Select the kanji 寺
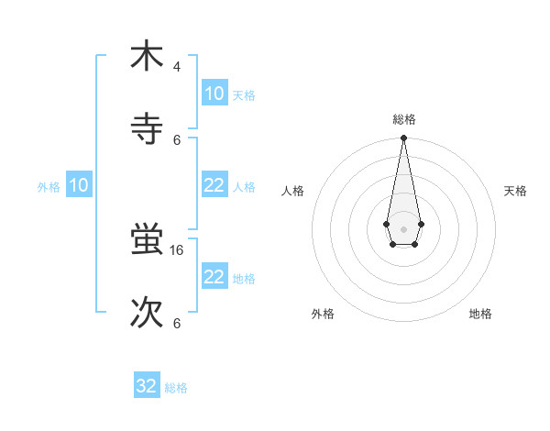pos(147,128)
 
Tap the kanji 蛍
pos(147,241)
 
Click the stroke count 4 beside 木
pos(177,67)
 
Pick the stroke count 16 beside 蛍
pos(179,249)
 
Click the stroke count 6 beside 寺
pos(177,140)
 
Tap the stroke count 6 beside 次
pos(177,324)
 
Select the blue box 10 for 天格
pos(214,94)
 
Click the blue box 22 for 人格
pos(214,185)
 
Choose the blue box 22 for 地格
pos(214,277)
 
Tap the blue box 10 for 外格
pos(79,185)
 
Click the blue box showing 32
pos(147,386)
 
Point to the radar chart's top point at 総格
pos(403,138)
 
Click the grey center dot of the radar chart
pos(403,227)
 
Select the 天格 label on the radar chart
pos(515,191)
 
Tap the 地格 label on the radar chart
pos(480,314)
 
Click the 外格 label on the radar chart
pos(323,314)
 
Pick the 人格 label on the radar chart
pos(292,191)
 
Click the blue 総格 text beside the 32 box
pos(176,388)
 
